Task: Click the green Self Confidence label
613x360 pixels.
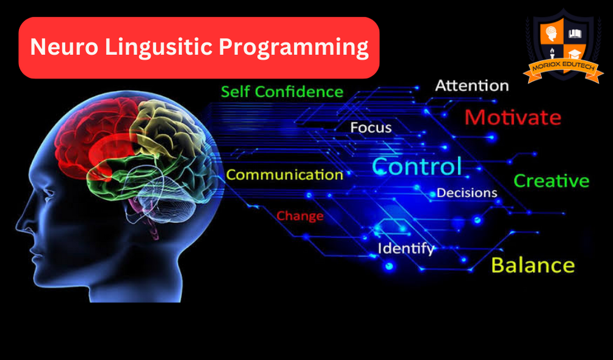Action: coord(282,92)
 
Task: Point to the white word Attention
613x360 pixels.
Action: coord(472,85)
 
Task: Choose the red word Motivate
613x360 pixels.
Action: coord(512,117)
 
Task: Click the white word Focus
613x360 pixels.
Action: coord(371,128)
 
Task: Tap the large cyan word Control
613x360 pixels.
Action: coord(417,166)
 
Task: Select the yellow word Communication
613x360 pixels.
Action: coord(285,175)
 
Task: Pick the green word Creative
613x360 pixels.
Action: coord(551,181)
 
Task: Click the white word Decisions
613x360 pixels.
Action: coord(467,193)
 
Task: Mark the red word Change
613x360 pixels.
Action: coord(300,216)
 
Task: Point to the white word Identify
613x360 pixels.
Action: coord(406,248)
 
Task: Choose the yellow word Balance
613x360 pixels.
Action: coord(533,265)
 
